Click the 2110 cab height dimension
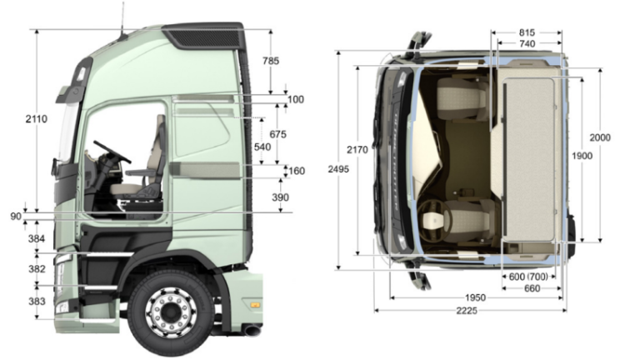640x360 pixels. pyautogui.click(x=37, y=119)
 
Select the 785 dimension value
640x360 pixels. pyautogui.click(x=271, y=61)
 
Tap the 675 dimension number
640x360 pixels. pyautogui.click(x=278, y=134)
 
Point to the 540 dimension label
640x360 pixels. pyautogui.click(x=262, y=147)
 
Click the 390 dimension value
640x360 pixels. pyautogui.click(x=280, y=197)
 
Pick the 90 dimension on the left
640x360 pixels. pyautogui.click(x=16, y=217)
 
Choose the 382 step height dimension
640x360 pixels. pyautogui.click(x=37, y=269)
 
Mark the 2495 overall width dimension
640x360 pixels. pyautogui.click(x=338, y=169)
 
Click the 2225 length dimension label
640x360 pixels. pyautogui.click(x=467, y=311)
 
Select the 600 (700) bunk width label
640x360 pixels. pyautogui.click(x=528, y=277)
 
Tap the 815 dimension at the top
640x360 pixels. pyautogui.click(x=527, y=32)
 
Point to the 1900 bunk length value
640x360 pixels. pyautogui.click(x=582, y=156)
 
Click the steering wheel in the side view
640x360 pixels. pyautogui.click(x=112, y=152)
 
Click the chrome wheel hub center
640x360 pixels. pyautogui.click(x=170, y=312)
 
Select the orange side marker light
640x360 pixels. pyautogui.click(x=255, y=305)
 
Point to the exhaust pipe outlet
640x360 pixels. pyautogui.click(x=253, y=330)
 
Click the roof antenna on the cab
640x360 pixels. pyautogui.click(x=122, y=18)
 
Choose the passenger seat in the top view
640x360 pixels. pyautogui.click(x=462, y=99)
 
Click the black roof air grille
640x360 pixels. pyautogui.click(x=206, y=38)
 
